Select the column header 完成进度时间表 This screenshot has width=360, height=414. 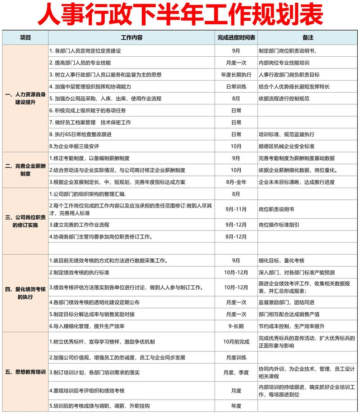[x=236, y=38]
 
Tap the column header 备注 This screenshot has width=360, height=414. [x=308, y=38]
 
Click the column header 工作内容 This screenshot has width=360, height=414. [x=131, y=38]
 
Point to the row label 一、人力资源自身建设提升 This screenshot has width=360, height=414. [x=25, y=99]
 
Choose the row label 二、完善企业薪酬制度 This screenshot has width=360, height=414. [x=25, y=170]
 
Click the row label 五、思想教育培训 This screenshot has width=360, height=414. [x=25, y=372]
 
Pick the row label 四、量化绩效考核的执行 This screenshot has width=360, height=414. [x=25, y=293]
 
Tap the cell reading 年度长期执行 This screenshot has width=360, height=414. [x=236, y=75]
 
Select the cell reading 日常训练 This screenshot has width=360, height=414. [x=236, y=86]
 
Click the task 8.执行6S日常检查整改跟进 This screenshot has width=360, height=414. [x=81, y=135]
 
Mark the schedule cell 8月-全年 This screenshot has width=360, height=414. [x=236, y=182]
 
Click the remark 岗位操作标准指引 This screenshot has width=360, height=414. [x=279, y=225]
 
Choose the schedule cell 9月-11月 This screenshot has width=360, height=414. [x=236, y=209]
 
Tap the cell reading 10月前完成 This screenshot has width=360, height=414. [x=236, y=342]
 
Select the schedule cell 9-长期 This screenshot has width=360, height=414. [x=236, y=326]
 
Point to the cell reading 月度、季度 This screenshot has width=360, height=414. [x=236, y=372]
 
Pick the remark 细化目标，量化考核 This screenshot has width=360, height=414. [x=282, y=261]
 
